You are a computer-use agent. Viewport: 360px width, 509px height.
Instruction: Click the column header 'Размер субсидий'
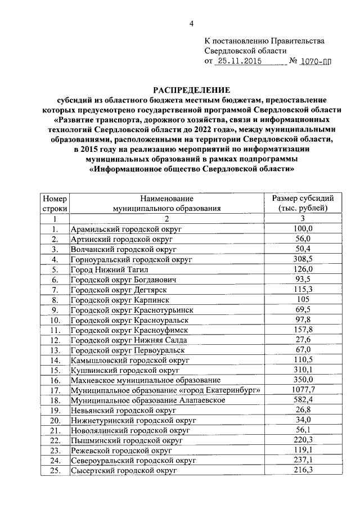tap(303, 198)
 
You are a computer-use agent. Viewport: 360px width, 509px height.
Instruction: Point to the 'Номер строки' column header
tap(55, 203)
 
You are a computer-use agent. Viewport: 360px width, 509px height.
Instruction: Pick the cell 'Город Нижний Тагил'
tap(105, 269)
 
